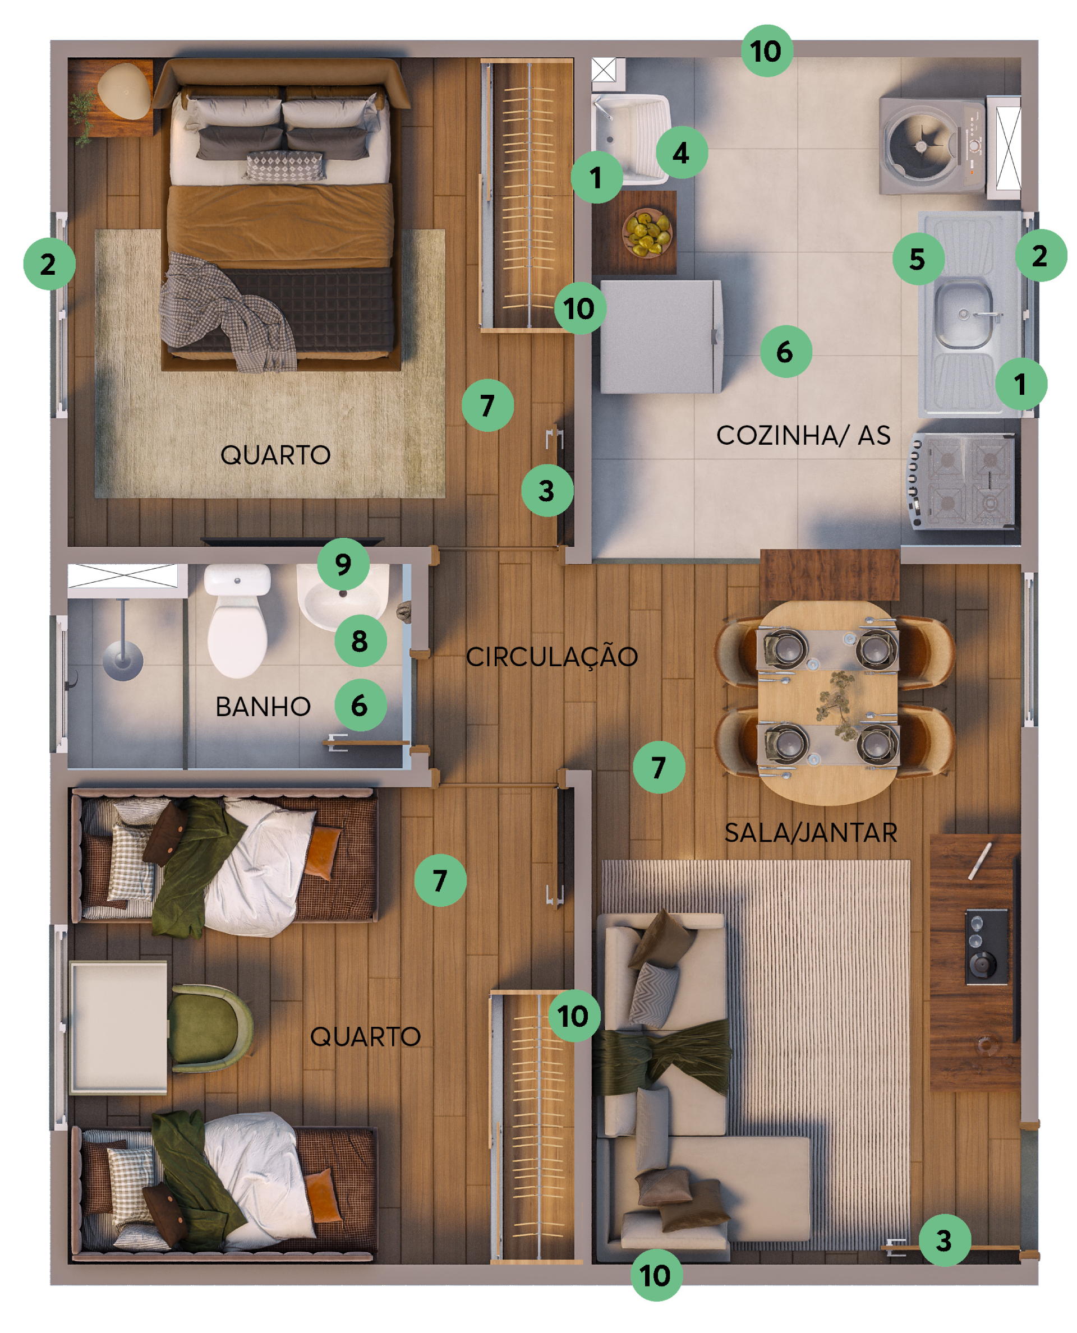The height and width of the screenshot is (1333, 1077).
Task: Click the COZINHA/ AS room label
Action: tap(803, 435)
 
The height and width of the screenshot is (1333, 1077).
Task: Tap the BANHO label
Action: tap(263, 707)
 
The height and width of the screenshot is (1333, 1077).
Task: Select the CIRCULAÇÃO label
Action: tap(551, 656)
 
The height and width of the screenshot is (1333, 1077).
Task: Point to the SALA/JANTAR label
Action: tap(811, 832)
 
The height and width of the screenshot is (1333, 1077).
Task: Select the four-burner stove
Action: tap(963, 481)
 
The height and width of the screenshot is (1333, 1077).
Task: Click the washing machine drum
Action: tap(921, 146)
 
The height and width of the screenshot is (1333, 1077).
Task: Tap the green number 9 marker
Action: tap(343, 564)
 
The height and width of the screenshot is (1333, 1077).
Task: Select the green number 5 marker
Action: tap(918, 259)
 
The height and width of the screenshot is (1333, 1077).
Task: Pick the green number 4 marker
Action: tap(682, 153)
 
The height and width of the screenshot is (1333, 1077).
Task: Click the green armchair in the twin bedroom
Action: tap(209, 1028)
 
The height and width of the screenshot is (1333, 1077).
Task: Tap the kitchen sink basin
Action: tap(964, 313)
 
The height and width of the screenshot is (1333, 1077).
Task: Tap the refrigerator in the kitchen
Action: tap(661, 337)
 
